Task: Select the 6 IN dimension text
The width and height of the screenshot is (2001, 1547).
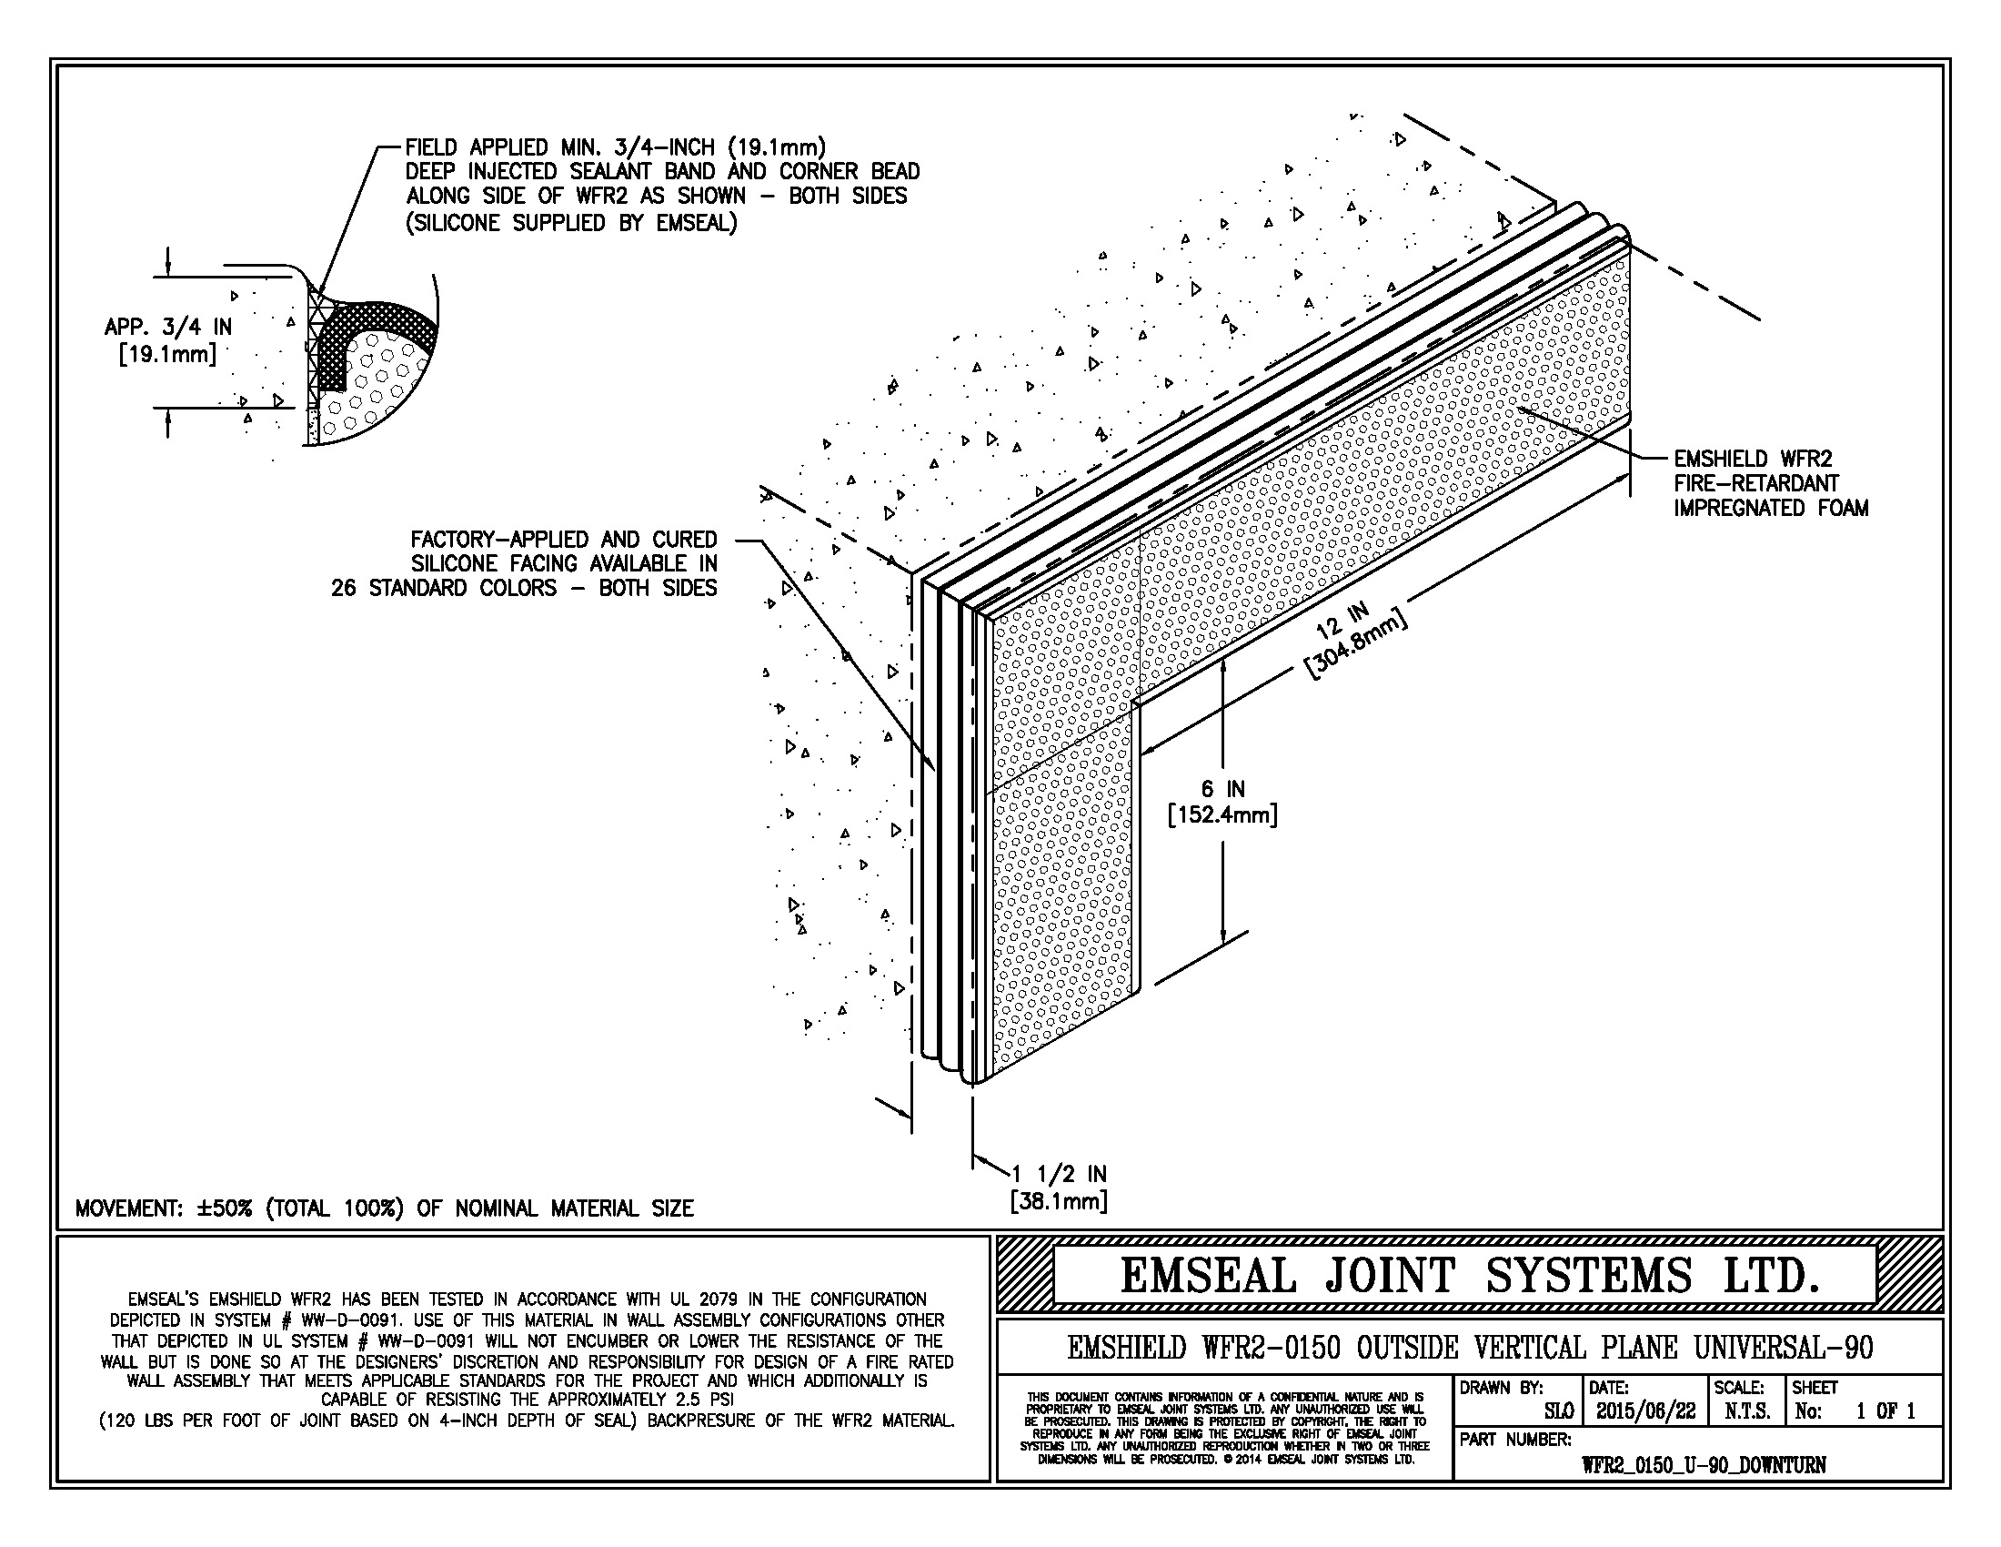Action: pos(1222,789)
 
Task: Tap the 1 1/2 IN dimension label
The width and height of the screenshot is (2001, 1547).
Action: pos(1059,1174)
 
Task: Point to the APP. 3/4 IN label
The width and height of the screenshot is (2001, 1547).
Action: pos(167,328)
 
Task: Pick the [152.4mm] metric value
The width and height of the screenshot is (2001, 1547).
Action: pos(1222,814)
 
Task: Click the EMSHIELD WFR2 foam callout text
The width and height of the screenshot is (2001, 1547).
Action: pos(1770,483)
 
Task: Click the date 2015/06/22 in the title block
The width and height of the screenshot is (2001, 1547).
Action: pos(1644,1411)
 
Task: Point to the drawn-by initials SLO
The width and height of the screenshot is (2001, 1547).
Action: pos(1558,1411)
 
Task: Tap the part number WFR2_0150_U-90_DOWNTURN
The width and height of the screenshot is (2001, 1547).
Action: pos(1704,1464)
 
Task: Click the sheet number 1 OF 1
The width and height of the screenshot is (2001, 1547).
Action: pos(1885,1411)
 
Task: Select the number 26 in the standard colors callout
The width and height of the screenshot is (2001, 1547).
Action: pos(344,589)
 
